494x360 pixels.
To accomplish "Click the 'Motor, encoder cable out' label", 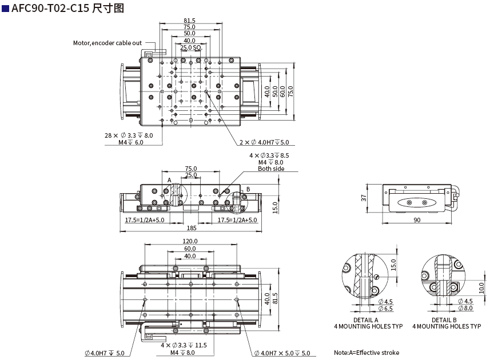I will [x=107, y=43].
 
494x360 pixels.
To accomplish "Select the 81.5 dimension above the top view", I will [x=189, y=21].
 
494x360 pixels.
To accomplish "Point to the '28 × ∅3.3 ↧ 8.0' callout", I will [x=129, y=135].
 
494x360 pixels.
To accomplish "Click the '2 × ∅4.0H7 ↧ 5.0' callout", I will [x=264, y=142].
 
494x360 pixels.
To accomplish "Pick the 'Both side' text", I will [x=270, y=169].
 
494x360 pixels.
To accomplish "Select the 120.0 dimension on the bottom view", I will [x=190, y=241].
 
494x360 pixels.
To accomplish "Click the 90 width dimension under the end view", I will [x=417, y=220].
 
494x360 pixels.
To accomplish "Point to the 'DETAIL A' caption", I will [x=366, y=320].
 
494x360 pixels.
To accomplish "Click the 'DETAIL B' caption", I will [x=444, y=320].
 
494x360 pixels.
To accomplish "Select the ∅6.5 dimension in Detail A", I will [x=385, y=309].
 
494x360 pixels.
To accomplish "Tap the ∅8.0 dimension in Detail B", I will [x=465, y=309].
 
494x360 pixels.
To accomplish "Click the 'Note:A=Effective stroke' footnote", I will [x=366, y=353].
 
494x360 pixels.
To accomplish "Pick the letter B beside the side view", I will [x=248, y=189].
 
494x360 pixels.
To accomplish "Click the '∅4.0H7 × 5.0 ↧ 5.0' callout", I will [x=282, y=353].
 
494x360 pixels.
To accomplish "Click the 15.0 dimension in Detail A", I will [x=393, y=265].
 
